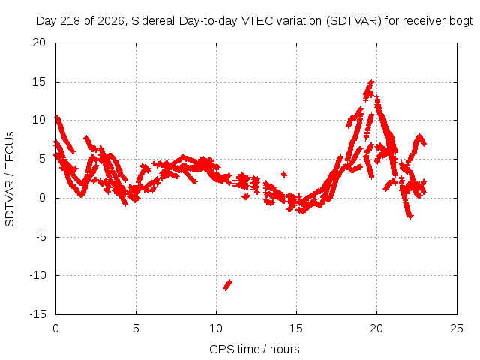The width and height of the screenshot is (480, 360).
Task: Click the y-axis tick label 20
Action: point(39,43)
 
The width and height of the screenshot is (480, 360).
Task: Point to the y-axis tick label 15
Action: point(39,82)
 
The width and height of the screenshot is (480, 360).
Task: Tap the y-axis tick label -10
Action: point(37,275)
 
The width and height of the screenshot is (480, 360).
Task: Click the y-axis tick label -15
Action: point(37,314)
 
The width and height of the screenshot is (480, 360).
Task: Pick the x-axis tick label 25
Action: point(457,328)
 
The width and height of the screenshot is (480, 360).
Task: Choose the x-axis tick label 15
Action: point(296,328)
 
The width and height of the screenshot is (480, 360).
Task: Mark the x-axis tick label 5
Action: point(136,328)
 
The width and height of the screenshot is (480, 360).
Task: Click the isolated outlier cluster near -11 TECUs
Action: point(227,285)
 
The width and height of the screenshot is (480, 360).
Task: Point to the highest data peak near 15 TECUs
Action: point(371,82)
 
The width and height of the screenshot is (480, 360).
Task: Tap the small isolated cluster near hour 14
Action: point(284,175)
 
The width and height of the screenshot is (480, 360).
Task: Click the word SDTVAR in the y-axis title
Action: point(10,203)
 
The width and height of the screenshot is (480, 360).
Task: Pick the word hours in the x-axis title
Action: point(285,349)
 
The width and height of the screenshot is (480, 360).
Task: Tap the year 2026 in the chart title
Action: point(110,22)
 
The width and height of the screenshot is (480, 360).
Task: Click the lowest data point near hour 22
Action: point(410,217)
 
